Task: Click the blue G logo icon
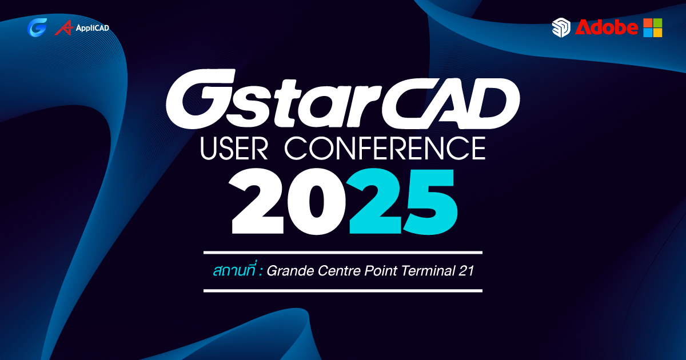point(37,27)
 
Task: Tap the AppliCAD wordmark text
point(93,28)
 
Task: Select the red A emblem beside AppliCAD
point(64,27)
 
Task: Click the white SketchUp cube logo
point(561,27)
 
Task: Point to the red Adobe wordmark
point(607,27)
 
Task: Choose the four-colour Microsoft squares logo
point(653,27)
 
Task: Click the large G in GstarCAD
point(201,99)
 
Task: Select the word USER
point(234,148)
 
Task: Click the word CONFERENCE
point(385,148)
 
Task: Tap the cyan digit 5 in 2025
point(430,202)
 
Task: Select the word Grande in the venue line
point(290,271)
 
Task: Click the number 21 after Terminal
point(466,271)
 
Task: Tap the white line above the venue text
point(343,253)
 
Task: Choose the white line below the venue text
point(343,290)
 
